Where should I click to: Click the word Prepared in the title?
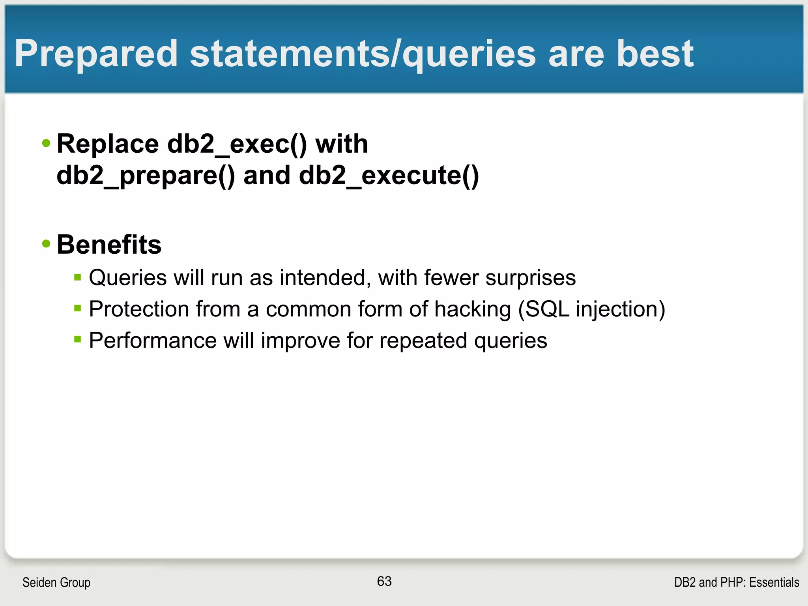pyautogui.click(x=96, y=54)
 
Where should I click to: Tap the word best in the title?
pyautogui.click(x=655, y=54)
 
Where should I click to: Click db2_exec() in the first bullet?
pyautogui.click(x=237, y=144)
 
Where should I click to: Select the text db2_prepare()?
pyautogui.click(x=146, y=175)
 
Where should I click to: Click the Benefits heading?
pyautogui.click(x=109, y=245)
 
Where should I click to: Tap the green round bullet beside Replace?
pyautogui.click(x=46, y=143)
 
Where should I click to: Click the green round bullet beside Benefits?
pyautogui.click(x=46, y=244)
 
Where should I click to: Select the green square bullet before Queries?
pyautogui.click(x=77, y=277)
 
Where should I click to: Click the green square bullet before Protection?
pyautogui.click(x=77, y=308)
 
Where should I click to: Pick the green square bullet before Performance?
pyautogui.click(x=77, y=339)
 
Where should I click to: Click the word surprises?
pyautogui.click(x=530, y=278)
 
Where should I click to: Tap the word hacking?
pyautogui.click(x=472, y=309)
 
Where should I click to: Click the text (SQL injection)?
pyautogui.click(x=591, y=309)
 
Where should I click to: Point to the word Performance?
pyautogui.click(x=153, y=340)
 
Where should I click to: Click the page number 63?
pyautogui.click(x=384, y=581)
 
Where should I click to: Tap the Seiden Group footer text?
pyautogui.click(x=56, y=582)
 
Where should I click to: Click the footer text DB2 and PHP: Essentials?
pyautogui.click(x=737, y=582)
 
